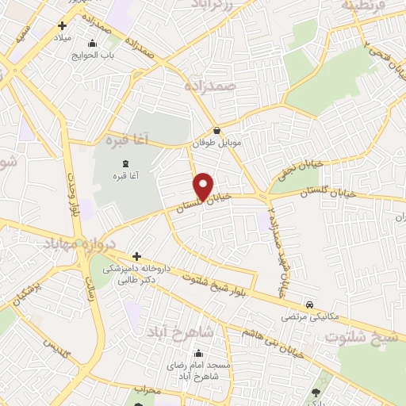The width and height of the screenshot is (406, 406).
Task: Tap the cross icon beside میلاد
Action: coord(62,26)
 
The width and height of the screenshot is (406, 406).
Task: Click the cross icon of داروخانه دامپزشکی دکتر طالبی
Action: coord(136,256)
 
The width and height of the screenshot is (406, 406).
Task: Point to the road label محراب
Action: coord(147,392)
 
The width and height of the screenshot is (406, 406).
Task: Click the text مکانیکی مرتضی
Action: coord(309,317)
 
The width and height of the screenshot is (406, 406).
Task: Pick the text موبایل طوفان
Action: coord(216,145)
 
